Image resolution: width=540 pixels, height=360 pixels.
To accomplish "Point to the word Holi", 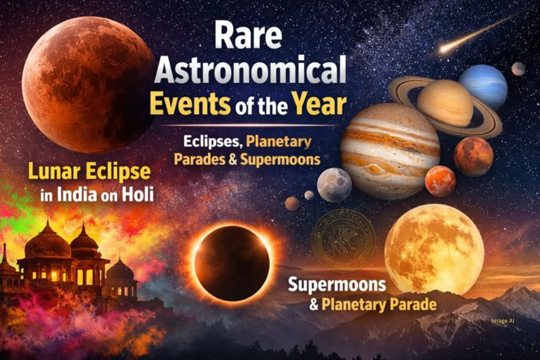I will point(137,194).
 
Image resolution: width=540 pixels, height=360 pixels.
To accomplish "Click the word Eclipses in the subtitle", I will point(212,142).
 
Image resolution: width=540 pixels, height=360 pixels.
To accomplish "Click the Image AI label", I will point(502,321).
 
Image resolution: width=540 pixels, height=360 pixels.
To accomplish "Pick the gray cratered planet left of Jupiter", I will point(334,185).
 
